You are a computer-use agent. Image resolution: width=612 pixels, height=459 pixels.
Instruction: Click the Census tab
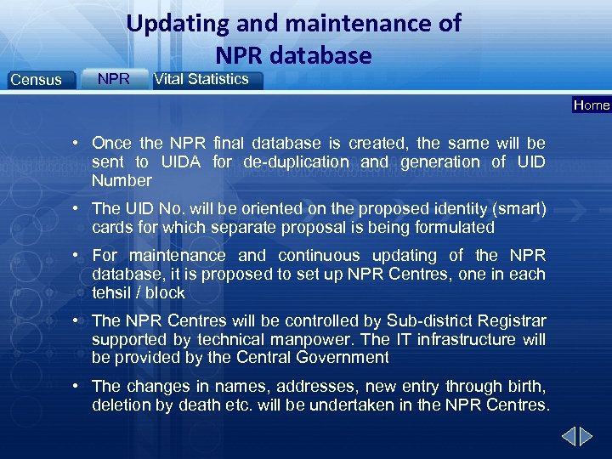[36, 80]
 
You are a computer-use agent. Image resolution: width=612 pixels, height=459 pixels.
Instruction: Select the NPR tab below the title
[113, 79]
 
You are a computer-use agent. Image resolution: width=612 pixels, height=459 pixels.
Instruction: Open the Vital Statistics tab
[201, 79]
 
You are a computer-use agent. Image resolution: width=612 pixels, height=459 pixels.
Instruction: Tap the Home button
[592, 105]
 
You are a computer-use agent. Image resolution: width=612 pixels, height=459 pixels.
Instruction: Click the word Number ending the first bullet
[122, 180]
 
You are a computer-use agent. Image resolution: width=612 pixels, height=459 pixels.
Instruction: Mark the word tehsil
[112, 292]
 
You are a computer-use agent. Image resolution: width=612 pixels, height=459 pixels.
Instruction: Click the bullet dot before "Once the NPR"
[76, 143]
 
